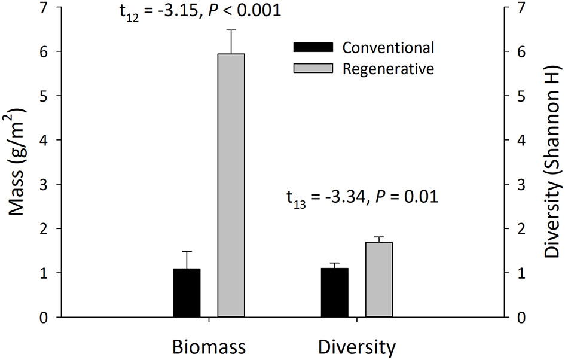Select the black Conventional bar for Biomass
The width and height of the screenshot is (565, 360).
187,292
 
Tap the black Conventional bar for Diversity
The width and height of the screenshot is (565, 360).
334,292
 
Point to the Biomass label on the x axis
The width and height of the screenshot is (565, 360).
209,347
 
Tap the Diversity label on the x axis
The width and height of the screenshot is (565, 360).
356,347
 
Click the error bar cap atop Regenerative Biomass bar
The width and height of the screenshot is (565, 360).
231,30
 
